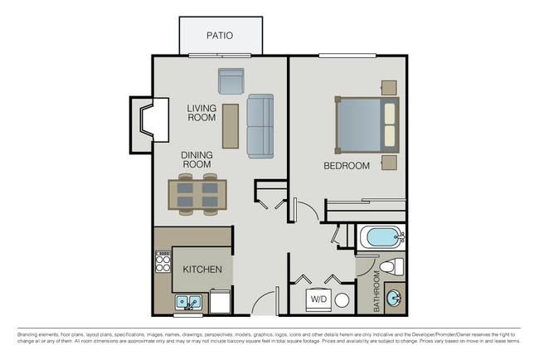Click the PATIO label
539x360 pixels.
pyautogui.click(x=220, y=36)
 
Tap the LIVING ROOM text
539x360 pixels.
pyautogui.click(x=202, y=113)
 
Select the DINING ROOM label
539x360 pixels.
pyautogui.click(x=197, y=159)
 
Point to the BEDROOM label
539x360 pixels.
pyautogui.click(x=346, y=166)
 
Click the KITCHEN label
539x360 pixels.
pyautogui.click(x=202, y=270)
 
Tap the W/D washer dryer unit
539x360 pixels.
pyautogui.click(x=318, y=299)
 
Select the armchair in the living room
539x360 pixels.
pyautogui.click(x=231, y=81)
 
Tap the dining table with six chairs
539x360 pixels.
pyautogui.click(x=197, y=195)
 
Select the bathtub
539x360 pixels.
pyautogui.click(x=382, y=237)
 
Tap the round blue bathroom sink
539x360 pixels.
pyautogui.click(x=395, y=297)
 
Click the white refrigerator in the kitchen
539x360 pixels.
pyautogui.click(x=221, y=301)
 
